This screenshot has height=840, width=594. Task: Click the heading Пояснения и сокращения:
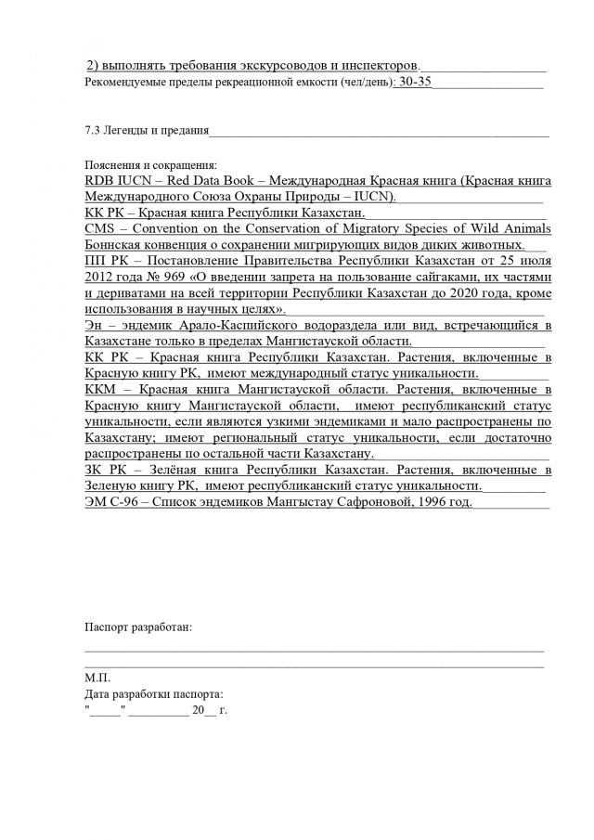150,164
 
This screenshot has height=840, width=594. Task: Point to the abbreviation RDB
99,181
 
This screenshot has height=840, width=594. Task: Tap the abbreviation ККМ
102,390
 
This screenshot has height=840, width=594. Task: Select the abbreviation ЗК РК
104,470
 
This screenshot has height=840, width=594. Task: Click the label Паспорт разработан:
138,627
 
